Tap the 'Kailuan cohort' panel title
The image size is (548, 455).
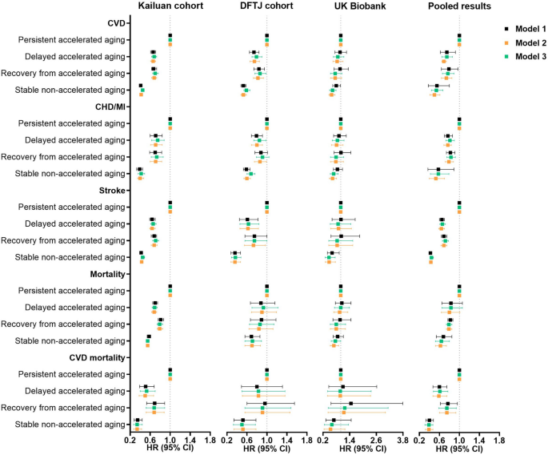(170, 7)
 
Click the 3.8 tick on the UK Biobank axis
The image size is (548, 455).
(402, 440)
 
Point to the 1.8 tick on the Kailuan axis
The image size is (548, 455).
(210, 440)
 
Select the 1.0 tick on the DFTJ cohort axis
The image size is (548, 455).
(266, 440)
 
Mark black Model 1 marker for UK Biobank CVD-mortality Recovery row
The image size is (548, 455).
(350, 404)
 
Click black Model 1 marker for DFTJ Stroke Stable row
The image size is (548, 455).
(235, 253)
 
